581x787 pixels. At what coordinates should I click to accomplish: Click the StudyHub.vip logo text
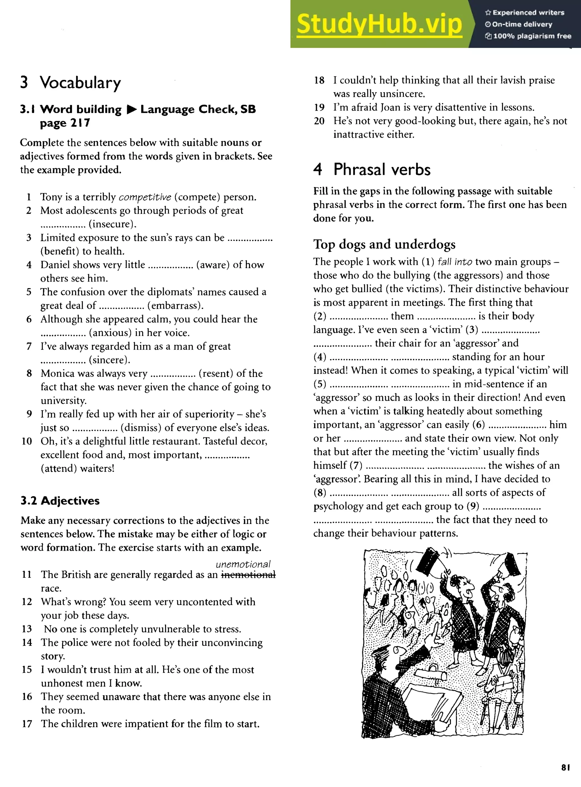(379, 24)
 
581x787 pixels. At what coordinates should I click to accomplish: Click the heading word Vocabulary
(80, 83)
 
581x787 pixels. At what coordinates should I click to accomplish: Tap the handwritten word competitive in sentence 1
(145, 197)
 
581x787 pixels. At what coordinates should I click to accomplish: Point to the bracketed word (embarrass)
(175, 305)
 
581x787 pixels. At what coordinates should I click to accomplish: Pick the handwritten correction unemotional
(243, 564)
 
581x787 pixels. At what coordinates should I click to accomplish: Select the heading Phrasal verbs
(382, 169)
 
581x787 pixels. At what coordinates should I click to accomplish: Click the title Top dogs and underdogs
(384, 244)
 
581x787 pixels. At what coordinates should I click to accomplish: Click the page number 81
(565, 767)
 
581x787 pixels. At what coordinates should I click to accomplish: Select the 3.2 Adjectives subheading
(60, 501)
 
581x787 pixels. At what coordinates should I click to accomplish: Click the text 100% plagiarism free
(532, 36)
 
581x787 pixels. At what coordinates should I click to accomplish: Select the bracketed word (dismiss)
(141, 428)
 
